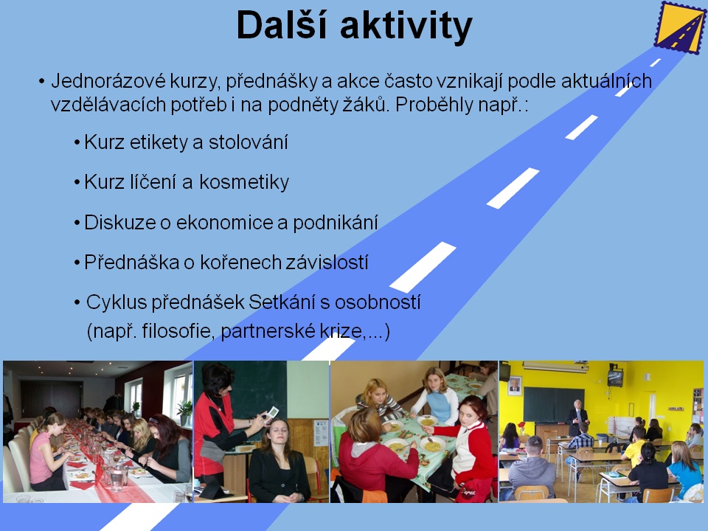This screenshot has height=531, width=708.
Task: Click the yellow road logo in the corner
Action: pyautogui.click(x=680, y=28)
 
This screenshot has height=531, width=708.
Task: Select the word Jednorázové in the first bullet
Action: pyautogui.click(x=108, y=81)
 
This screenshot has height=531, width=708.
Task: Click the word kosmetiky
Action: pyautogui.click(x=244, y=182)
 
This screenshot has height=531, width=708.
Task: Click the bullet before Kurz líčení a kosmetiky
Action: pyautogui.click(x=77, y=183)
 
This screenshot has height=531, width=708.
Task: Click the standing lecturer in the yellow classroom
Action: pyautogui.click(x=576, y=417)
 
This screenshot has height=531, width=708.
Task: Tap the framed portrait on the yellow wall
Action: pyautogui.click(x=514, y=385)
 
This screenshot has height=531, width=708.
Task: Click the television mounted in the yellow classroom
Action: pyautogui.click(x=615, y=377)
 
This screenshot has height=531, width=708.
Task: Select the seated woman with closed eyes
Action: pyautogui.click(x=278, y=460)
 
